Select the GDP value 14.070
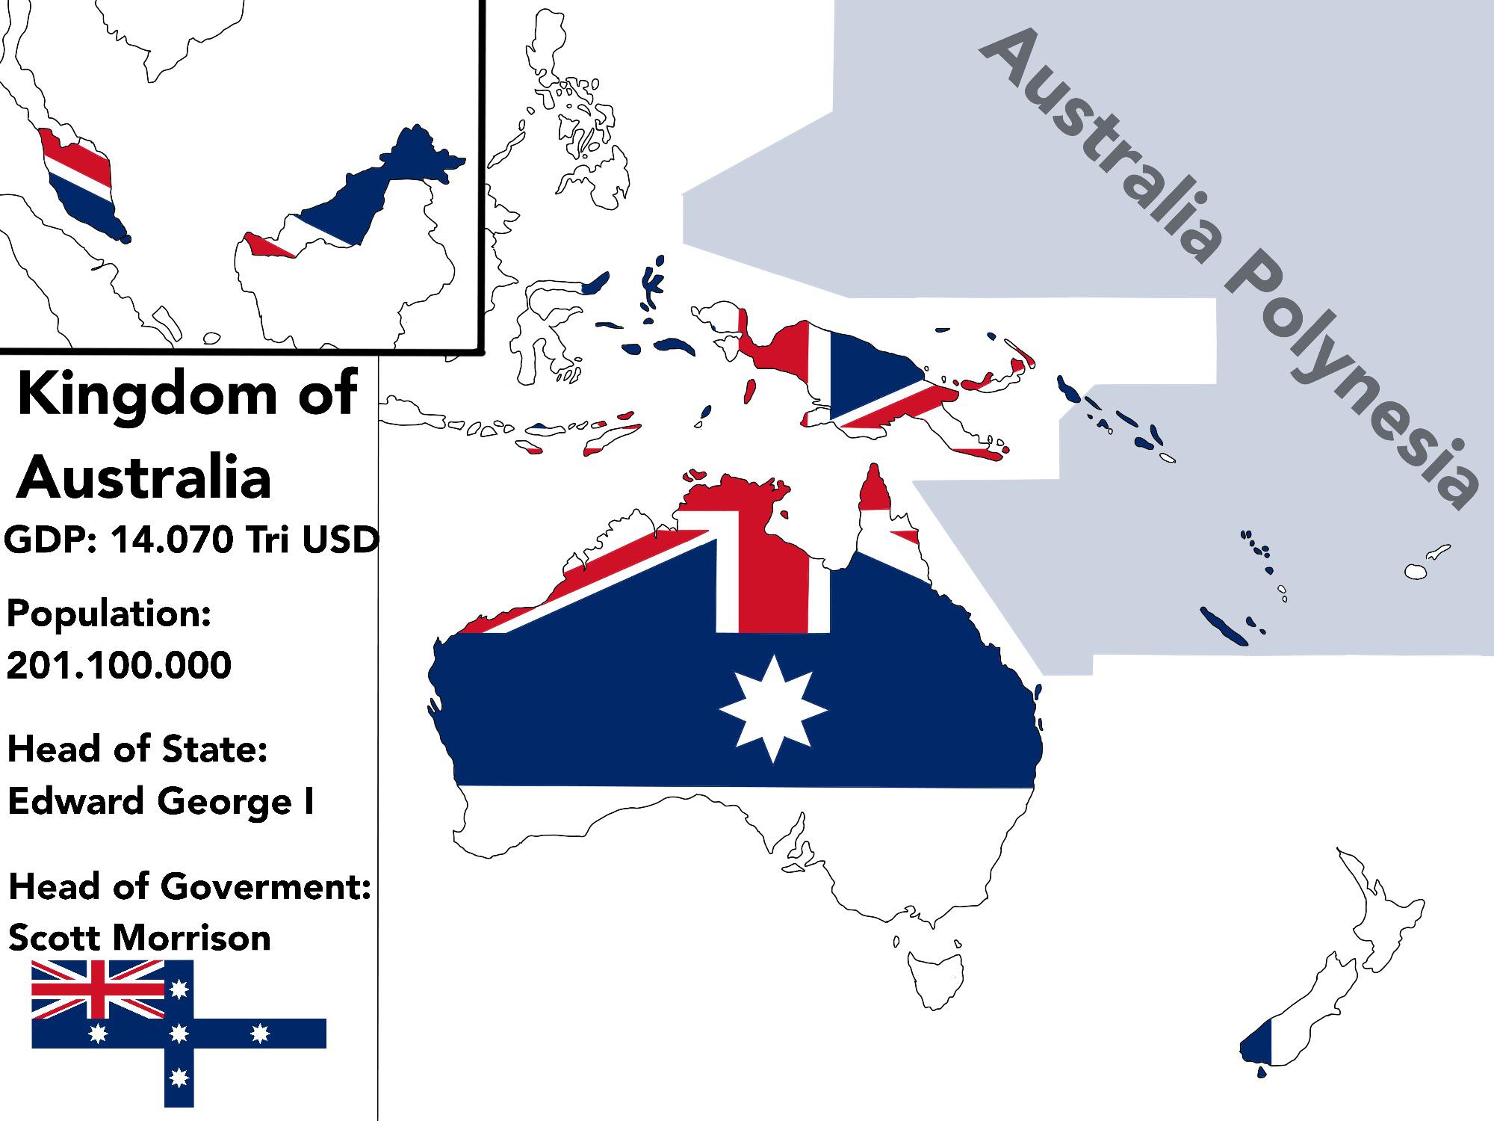pyautogui.click(x=170, y=539)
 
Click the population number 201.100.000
pyautogui.click(x=119, y=664)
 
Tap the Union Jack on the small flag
pyautogui.click(x=98, y=989)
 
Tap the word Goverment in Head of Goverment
pyautogui.click(x=266, y=887)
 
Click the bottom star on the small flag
pyautogui.click(x=179, y=1078)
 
